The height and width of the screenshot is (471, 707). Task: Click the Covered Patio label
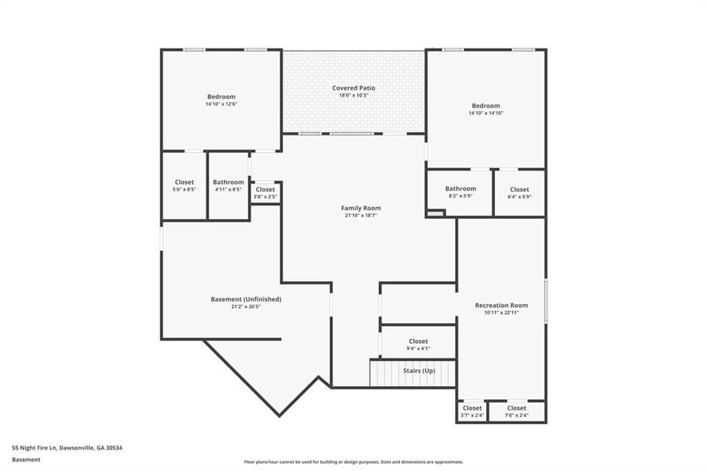click(x=353, y=88)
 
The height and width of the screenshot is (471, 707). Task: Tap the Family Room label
click(x=360, y=208)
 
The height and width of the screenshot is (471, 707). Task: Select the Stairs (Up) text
click(x=419, y=370)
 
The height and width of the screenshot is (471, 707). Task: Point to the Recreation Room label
click(x=501, y=305)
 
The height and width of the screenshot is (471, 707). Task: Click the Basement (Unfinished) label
click(x=246, y=299)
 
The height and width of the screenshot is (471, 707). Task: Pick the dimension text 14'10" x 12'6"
click(x=222, y=104)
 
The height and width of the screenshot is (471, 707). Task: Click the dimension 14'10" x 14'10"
click(x=485, y=113)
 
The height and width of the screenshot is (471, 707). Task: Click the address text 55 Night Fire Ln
click(x=35, y=448)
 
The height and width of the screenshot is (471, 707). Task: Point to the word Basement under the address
click(x=26, y=460)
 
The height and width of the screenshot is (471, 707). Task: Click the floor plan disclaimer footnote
click(x=353, y=462)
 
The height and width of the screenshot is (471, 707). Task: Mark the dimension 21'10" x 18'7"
click(x=360, y=215)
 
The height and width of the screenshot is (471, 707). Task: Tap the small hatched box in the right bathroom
click(x=435, y=213)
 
